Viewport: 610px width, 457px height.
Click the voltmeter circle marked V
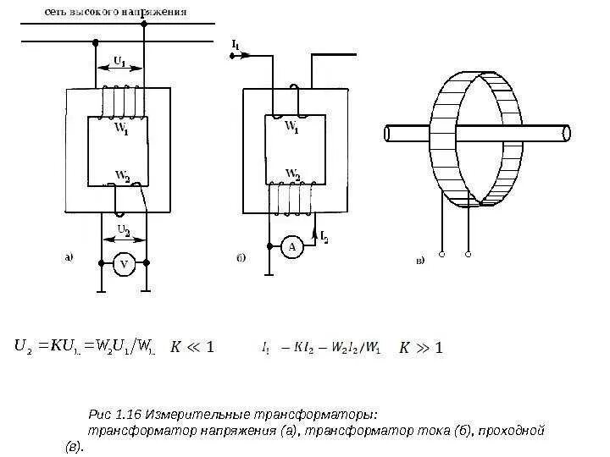124,265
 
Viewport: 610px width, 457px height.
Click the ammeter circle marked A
291,246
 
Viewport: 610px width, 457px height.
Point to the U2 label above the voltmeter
124,230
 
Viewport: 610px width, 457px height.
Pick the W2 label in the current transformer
293,174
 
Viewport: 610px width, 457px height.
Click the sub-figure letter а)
71,258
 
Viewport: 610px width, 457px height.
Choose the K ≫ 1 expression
421,346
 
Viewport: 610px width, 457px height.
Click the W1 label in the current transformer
291,127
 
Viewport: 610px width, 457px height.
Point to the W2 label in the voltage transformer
123,176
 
